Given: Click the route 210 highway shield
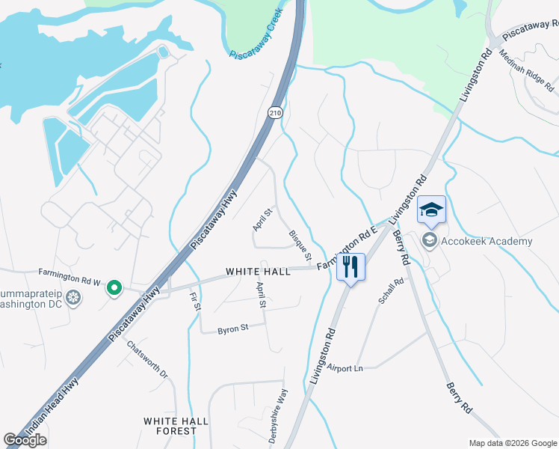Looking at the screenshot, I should point(275,111).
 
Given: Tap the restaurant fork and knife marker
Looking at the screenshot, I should point(350,266).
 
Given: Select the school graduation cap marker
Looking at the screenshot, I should point(431,209).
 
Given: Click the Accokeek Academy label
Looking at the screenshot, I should point(487,241).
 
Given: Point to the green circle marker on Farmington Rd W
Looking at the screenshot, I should point(114,287).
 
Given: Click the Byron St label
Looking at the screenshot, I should point(232,329).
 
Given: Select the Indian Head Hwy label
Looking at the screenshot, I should point(43,423).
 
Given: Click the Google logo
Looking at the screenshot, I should point(25,440).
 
